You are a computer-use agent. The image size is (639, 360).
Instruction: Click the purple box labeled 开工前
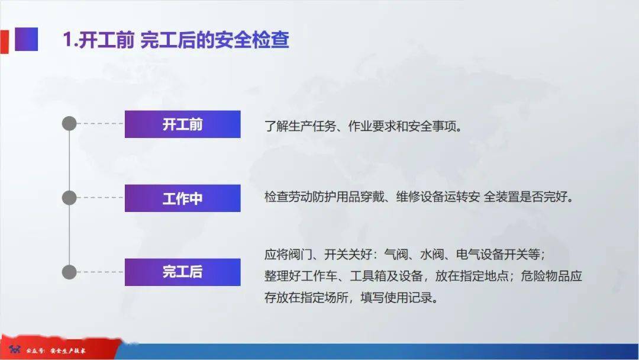pos(183,124)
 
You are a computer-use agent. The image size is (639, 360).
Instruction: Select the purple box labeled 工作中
pos(183,198)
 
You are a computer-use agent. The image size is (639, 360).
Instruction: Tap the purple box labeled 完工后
pos(183,272)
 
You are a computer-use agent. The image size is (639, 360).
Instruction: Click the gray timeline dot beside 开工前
pos(69,123)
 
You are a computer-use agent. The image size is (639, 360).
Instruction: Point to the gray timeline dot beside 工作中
pos(69,198)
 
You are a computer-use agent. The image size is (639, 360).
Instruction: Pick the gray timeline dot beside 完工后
pos(69,272)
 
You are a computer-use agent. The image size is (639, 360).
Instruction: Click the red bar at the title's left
pos(5,41)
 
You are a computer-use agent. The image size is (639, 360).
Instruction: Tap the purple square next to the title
pos(27,39)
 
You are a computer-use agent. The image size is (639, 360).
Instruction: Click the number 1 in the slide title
pos(67,40)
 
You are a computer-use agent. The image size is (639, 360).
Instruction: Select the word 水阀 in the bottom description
pos(432,255)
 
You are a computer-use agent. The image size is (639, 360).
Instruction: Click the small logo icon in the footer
pos(15,349)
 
